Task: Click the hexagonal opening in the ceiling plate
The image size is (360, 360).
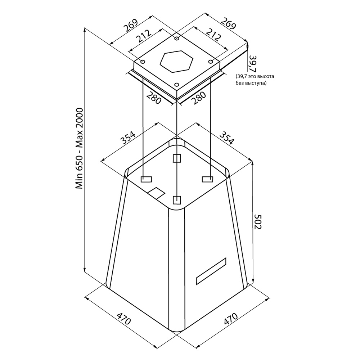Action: [176, 61]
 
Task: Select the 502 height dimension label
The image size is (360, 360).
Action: [258, 221]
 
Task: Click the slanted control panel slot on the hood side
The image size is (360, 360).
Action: [211, 271]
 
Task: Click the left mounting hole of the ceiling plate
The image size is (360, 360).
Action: [143, 62]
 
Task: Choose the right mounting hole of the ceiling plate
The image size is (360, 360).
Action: [211, 62]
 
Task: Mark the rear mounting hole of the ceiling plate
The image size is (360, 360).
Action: [176, 39]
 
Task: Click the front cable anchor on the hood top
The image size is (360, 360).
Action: [176, 200]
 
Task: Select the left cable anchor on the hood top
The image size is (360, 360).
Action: [146, 179]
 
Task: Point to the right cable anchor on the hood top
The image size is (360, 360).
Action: [207, 179]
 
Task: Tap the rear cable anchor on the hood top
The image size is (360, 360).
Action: [177, 158]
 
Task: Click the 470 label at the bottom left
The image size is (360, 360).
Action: [123, 318]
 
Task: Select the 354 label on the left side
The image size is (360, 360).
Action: [128, 137]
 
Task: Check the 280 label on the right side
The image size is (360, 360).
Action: [199, 98]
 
